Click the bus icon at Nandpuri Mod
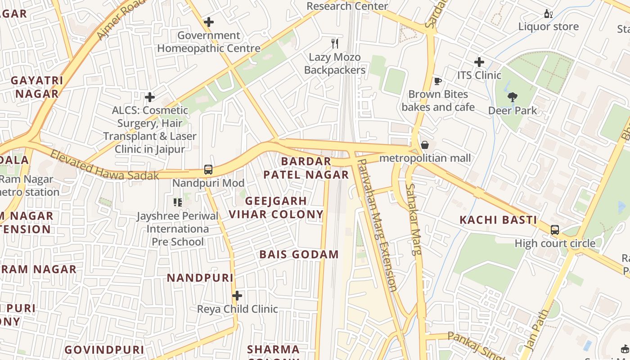(x=208, y=170)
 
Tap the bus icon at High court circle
(x=555, y=230)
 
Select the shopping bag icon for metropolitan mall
(x=424, y=145)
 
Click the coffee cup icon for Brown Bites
(x=437, y=81)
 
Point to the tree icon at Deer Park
(x=512, y=97)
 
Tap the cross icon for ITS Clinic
(x=479, y=62)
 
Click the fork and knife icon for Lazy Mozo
(x=334, y=44)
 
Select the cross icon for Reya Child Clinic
(x=237, y=296)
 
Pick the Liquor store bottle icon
(x=548, y=13)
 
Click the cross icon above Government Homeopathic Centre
(x=209, y=22)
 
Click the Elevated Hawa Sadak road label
(x=104, y=165)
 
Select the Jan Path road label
(x=537, y=329)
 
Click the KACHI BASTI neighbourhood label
(x=498, y=220)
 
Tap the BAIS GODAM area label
(x=299, y=255)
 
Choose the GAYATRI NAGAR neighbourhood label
(x=37, y=87)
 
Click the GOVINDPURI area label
(x=104, y=350)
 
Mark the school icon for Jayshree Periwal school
(x=178, y=202)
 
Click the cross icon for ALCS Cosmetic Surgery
(x=150, y=97)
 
